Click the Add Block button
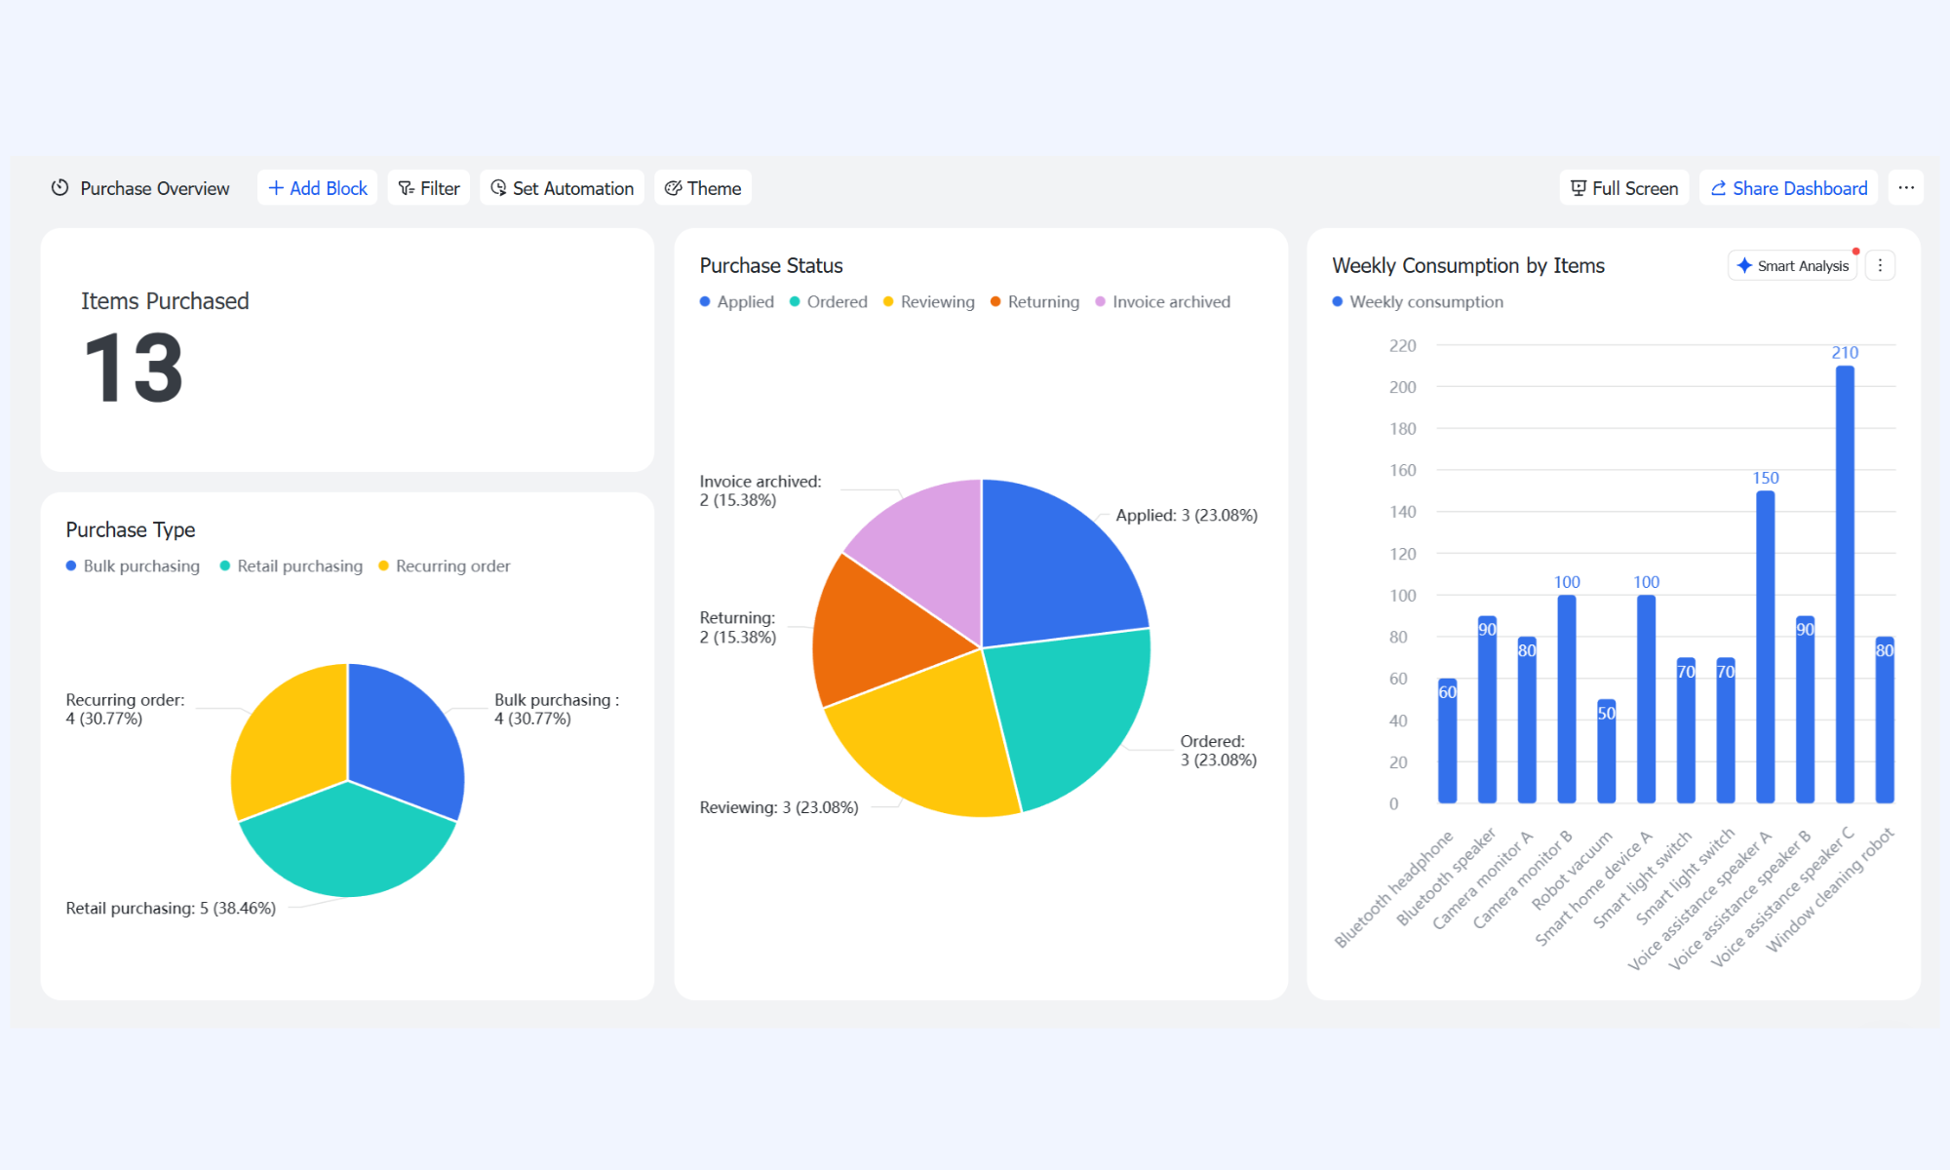click(317, 188)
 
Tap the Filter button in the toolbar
click(429, 188)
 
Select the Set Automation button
click(562, 188)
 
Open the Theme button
click(703, 188)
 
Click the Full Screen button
click(1624, 188)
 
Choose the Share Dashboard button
click(1789, 188)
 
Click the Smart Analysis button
click(1792, 266)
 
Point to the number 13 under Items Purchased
click(134, 368)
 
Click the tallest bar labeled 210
click(1845, 584)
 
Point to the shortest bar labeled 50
click(1607, 751)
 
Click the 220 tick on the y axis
click(1402, 346)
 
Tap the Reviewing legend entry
click(928, 302)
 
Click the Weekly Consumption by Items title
click(1468, 266)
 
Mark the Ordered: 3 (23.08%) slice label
click(1219, 751)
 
